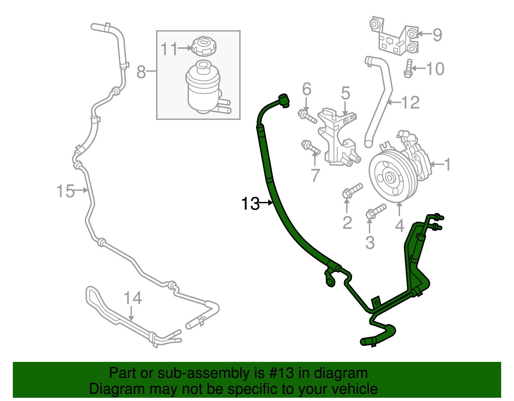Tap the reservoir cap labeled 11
204,47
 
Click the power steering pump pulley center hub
390,178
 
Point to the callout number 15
65,191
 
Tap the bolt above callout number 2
352,190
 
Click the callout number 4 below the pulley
399,226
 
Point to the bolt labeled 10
408,68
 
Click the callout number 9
437,35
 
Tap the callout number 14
133,298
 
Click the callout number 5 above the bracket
345,93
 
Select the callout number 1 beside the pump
447,164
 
